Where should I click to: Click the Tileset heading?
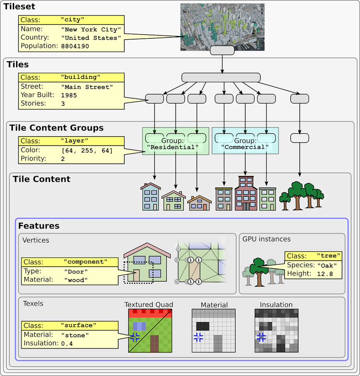tap(19, 7)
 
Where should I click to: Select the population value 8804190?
tap(75, 46)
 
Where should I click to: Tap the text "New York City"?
tap(91, 30)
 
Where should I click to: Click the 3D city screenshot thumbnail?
tap(222, 27)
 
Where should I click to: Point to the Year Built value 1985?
tap(69, 95)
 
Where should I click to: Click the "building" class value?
tap(80, 77)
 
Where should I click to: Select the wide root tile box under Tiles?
tap(221, 77)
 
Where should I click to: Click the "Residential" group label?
tap(175, 147)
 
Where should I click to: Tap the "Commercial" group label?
tap(245, 147)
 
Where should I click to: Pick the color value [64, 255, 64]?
tap(87, 150)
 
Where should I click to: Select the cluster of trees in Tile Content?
tap(301, 195)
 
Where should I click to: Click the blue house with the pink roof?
tap(150, 197)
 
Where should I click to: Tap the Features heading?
tap(38, 226)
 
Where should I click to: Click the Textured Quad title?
tap(149, 305)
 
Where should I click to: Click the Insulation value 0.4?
tap(67, 343)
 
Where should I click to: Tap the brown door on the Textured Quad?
tap(154, 344)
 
